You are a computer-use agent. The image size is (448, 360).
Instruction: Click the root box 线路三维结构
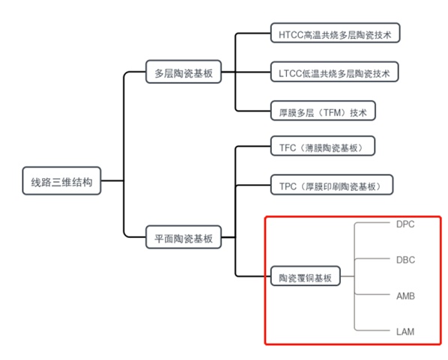61,181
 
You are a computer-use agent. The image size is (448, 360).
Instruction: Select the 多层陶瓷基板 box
184,72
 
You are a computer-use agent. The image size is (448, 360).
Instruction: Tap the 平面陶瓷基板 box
184,237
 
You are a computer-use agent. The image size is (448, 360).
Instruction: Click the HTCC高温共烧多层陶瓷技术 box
335,33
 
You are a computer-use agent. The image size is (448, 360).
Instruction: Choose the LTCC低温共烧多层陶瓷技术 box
334,72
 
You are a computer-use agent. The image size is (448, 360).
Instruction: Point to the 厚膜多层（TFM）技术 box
323,111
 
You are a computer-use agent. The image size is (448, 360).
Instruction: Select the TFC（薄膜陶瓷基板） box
323,146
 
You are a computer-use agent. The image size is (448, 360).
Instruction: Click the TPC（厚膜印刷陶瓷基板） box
332,185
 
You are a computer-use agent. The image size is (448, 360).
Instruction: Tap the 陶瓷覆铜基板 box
306,276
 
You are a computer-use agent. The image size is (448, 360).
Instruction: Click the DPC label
405,225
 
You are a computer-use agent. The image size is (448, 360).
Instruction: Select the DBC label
405,260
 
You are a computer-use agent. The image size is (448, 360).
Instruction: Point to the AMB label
405,296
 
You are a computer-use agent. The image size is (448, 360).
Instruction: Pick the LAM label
405,332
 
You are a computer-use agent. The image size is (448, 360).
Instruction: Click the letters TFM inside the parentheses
333,113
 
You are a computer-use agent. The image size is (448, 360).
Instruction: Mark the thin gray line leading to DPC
372,223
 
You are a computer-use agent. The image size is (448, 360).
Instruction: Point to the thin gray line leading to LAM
372,330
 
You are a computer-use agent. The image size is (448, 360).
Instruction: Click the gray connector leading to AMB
372,294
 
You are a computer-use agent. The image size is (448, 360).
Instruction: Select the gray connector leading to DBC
372,259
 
